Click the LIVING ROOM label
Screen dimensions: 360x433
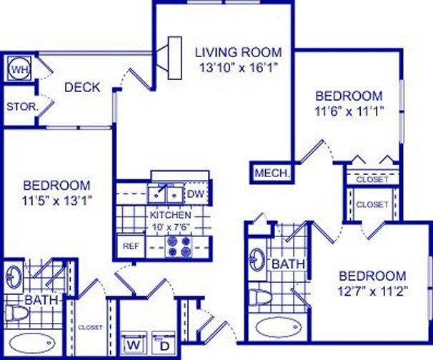tap(239, 52)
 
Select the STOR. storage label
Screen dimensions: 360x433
tap(17, 107)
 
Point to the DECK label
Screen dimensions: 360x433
tap(82, 88)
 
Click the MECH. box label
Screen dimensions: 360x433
tap(272, 173)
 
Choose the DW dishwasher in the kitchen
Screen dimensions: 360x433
tap(195, 193)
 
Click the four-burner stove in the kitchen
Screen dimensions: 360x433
tap(178, 246)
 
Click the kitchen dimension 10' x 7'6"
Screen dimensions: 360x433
tap(170, 226)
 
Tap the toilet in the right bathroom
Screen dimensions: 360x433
tap(260, 296)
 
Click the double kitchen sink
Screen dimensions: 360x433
tap(166, 193)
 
